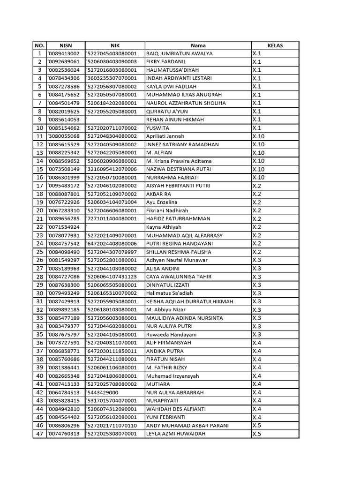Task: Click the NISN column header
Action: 65,45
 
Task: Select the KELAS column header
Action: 275,45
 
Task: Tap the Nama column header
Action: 198,45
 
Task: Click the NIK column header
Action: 115,45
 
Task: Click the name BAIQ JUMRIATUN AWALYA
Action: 179,53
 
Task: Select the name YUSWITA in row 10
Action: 157,128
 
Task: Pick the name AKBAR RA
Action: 158,194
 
